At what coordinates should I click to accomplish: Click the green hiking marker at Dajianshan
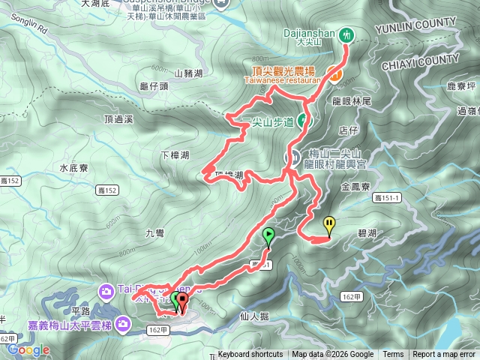pyautogui.click(x=346, y=34)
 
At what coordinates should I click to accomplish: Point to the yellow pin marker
pyautogui.click(x=329, y=224)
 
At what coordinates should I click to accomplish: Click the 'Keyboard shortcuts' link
pyautogui.click(x=250, y=355)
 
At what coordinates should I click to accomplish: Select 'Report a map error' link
pyautogui.click(x=445, y=355)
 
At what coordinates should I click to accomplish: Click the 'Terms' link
pyautogui.click(x=393, y=355)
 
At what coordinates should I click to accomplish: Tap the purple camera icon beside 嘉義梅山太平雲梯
pyautogui.click(x=124, y=324)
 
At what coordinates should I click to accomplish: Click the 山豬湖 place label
pyautogui.click(x=188, y=73)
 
